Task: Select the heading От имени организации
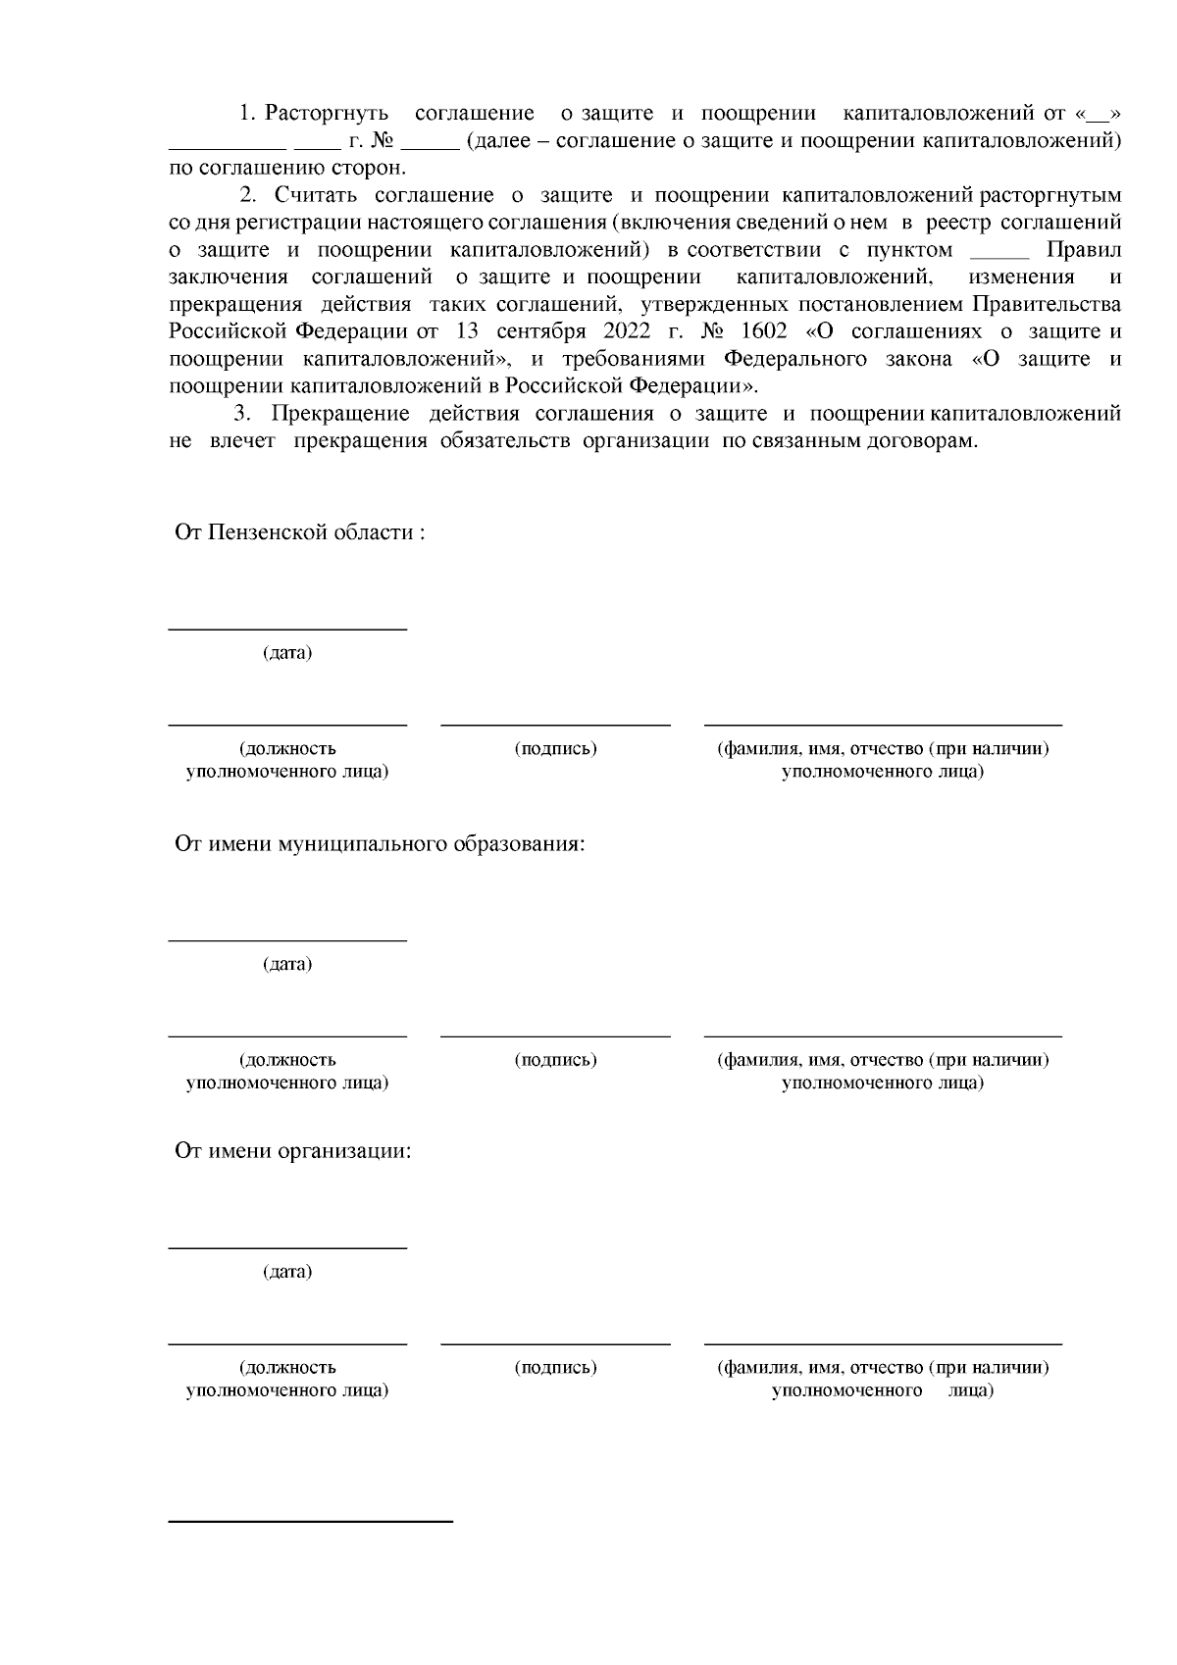coord(292,1150)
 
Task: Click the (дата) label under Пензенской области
coord(286,653)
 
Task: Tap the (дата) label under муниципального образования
coord(286,964)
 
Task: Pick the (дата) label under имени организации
coord(286,1272)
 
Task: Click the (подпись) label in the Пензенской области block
coord(555,749)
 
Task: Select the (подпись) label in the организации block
coord(555,1367)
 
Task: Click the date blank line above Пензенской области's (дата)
coord(287,629)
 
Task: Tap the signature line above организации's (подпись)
coord(555,1343)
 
